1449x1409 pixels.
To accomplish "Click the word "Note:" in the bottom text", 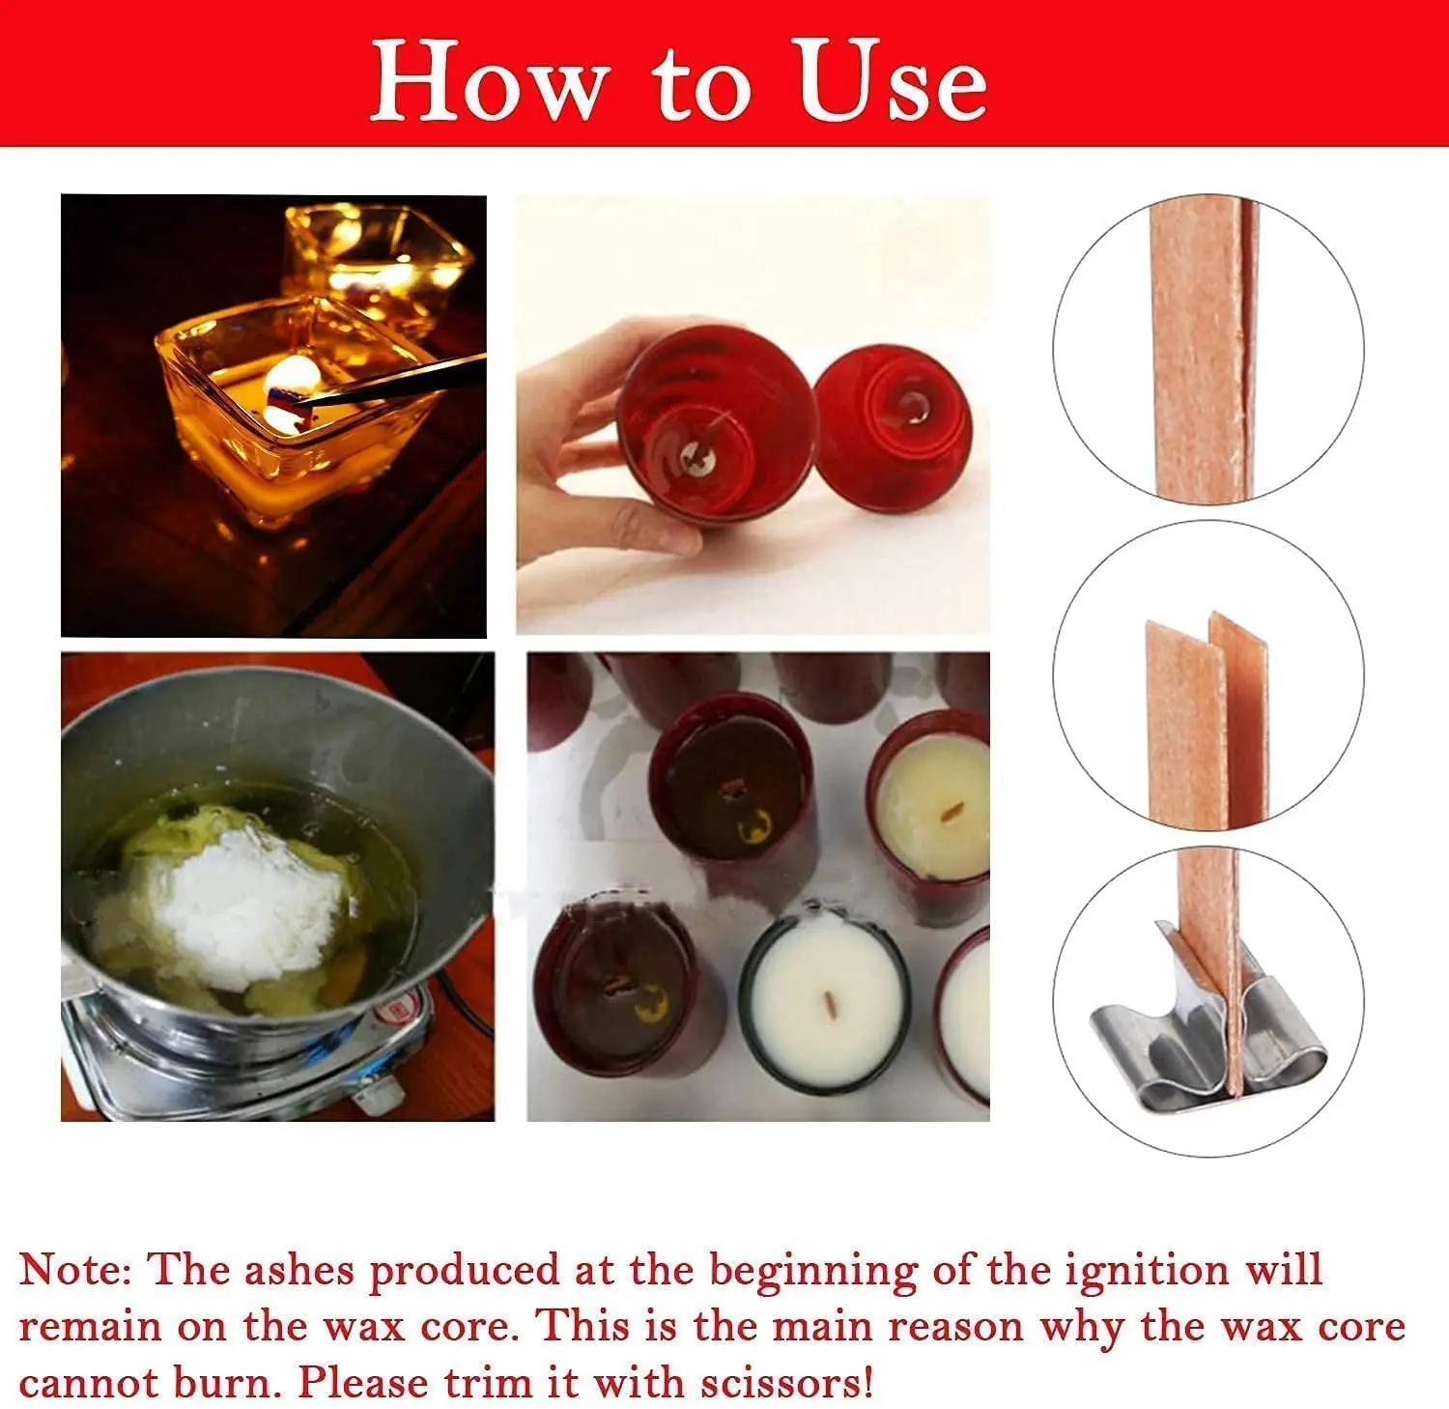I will point(75,1270).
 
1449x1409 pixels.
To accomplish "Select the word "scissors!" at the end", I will point(786,1383).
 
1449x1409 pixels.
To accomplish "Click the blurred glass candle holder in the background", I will point(377,251).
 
